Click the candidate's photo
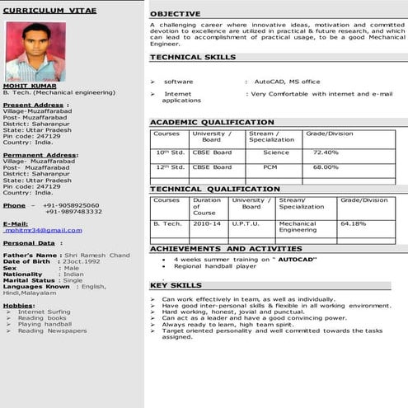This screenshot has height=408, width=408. (x=35, y=50)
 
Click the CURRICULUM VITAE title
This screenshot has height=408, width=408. (x=49, y=11)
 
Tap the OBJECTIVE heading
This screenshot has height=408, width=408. (x=175, y=14)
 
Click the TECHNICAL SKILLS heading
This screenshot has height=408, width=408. (x=192, y=58)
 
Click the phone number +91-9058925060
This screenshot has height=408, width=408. (x=71, y=204)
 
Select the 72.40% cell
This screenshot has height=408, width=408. (x=325, y=152)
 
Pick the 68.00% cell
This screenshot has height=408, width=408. (x=325, y=166)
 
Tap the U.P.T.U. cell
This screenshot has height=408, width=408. (x=246, y=223)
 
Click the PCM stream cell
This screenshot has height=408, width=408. (x=270, y=166)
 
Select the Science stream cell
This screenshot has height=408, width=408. (x=276, y=152)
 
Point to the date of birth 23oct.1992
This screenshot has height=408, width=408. (x=85, y=261)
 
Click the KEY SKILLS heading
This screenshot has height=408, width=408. (x=175, y=286)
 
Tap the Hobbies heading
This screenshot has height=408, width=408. (x=18, y=305)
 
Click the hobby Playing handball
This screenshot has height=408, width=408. (x=45, y=324)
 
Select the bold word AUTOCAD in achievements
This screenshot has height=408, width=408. (x=298, y=260)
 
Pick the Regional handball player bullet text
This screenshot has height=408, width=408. (x=215, y=266)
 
